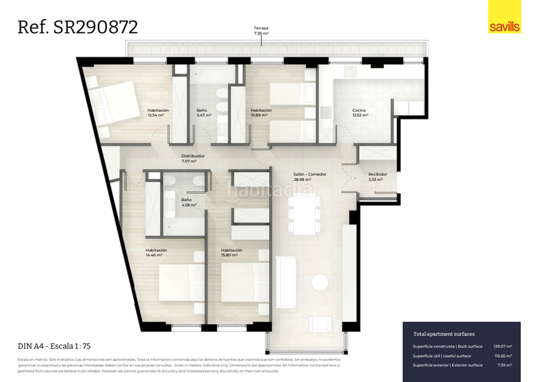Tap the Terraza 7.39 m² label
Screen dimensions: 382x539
click(x=261, y=30)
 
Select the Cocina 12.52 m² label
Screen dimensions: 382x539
click(x=360, y=113)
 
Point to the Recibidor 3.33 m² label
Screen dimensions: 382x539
click(x=378, y=177)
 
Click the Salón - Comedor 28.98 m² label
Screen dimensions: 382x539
click(x=310, y=177)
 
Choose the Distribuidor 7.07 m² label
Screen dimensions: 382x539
click(x=193, y=159)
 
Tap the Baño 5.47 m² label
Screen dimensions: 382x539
click(x=202, y=113)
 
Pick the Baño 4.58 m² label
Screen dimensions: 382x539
click(x=188, y=202)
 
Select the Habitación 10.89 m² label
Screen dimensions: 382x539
click(x=261, y=113)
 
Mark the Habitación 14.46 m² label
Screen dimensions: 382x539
click(x=156, y=253)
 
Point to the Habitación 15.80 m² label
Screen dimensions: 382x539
click(x=231, y=253)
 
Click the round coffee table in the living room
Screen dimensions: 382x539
click(x=320, y=282)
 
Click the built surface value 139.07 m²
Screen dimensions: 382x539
click(x=503, y=346)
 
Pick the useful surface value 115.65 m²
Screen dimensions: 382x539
click(x=503, y=356)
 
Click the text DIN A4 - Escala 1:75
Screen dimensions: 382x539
click(x=55, y=346)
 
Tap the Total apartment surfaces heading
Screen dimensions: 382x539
click(x=444, y=334)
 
